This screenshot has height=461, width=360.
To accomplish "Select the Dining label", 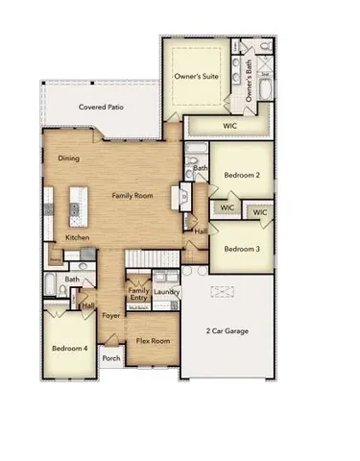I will pyautogui.click(x=68, y=158).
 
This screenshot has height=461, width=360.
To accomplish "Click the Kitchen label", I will pyautogui.click(x=78, y=237).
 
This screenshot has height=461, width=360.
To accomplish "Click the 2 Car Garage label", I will pyautogui.click(x=227, y=331).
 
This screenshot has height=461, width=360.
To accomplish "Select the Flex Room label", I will pyautogui.click(x=153, y=341).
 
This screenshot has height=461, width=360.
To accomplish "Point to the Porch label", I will pyautogui.click(x=111, y=359).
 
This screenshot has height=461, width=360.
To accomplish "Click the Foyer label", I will pyautogui.click(x=111, y=315).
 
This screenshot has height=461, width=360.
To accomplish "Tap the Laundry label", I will pyautogui.click(x=166, y=292).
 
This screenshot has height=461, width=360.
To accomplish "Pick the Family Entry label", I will pyautogui.click(x=139, y=294).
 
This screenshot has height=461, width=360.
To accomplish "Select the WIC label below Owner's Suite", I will pyautogui.click(x=228, y=125).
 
